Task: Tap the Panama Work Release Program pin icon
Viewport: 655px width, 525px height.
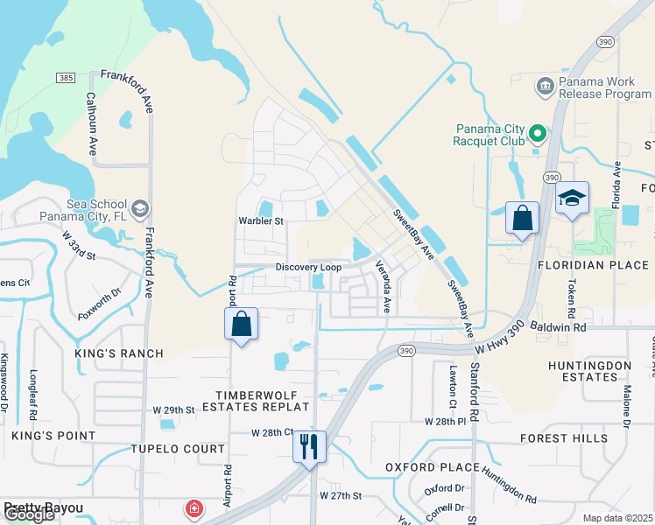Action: (x=544, y=86)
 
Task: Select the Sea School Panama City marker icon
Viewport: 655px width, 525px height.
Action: (x=141, y=209)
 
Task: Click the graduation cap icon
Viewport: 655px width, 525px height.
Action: (x=572, y=198)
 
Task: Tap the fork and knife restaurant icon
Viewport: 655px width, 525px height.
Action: (x=309, y=446)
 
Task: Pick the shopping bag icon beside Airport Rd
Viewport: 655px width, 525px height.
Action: (x=242, y=324)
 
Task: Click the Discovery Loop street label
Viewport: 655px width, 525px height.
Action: (x=308, y=267)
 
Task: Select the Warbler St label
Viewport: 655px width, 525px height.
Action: (x=262, y=221)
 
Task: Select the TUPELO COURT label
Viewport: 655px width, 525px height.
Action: (x=178, y=449)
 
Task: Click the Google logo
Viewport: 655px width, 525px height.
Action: (x=29, y=514)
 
